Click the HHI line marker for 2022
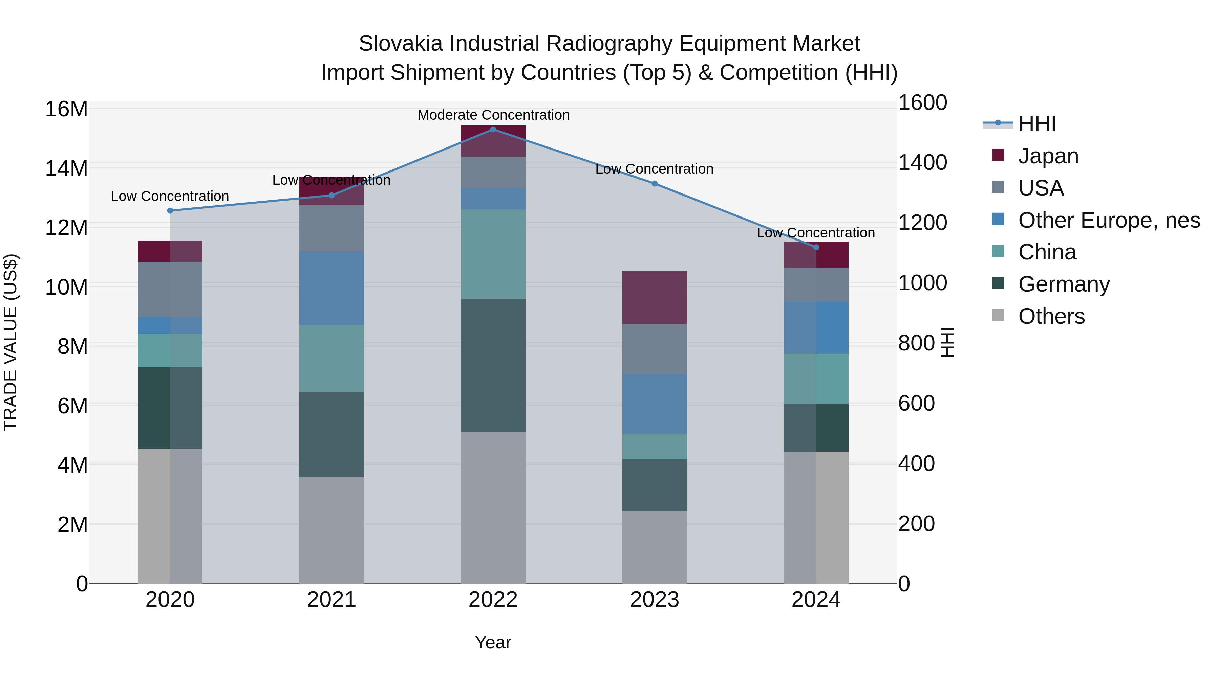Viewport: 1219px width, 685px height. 493,130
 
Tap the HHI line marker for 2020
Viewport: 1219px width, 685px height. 170,211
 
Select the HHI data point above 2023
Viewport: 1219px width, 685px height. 655,183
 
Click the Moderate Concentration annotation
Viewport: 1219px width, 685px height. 493,115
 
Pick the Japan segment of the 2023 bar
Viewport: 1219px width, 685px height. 655,298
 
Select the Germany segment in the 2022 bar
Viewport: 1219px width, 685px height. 493,365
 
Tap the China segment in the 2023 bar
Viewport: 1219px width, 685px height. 655,446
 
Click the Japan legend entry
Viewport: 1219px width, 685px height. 1048,156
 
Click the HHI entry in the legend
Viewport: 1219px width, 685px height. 1036,124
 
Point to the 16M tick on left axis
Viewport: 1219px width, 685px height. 66,109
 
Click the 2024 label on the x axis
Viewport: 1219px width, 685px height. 816,600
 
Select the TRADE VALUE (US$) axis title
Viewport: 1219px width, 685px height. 10,342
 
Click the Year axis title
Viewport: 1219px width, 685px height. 493,642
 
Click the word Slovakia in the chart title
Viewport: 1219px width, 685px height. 401,44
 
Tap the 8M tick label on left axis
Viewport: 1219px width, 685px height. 72,346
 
